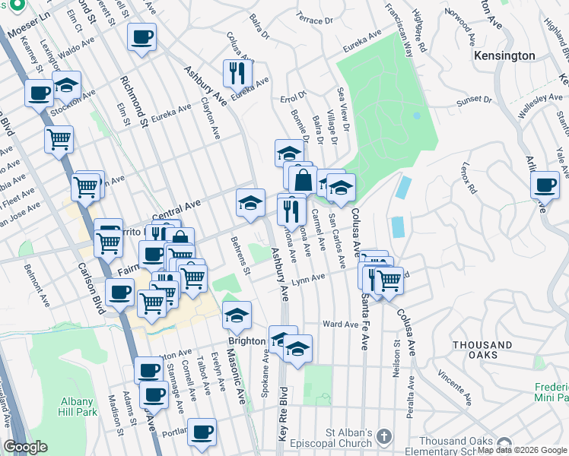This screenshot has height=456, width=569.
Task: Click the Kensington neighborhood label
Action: click(504, 56)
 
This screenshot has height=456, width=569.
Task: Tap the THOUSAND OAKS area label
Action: click(482, 350)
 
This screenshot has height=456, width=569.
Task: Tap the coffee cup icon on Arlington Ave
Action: click(545, 185)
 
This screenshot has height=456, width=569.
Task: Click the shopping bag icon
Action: click(303, 180)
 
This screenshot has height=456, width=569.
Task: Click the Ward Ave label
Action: click(340, 324)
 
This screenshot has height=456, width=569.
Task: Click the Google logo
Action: click(26, 447)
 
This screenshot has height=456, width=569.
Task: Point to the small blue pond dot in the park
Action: click(416, 116)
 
